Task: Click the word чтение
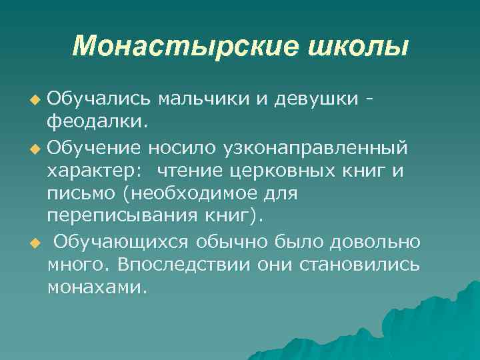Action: pos(190,169)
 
